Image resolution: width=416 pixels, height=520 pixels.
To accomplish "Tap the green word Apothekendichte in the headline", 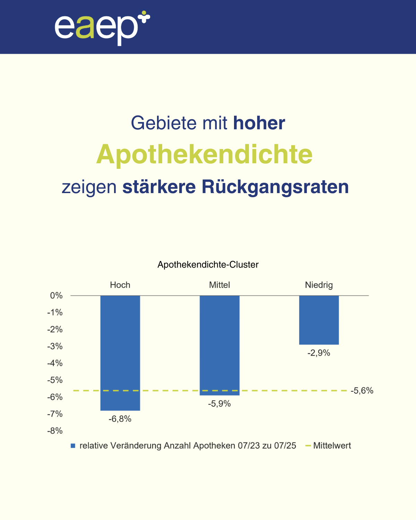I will tap(205, 155).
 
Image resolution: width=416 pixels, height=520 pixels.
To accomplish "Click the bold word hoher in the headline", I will tap(259, 123).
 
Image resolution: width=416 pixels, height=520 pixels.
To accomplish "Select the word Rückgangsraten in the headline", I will tap(275, 187).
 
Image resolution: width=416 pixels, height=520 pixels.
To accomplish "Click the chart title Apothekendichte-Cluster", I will tap(208, 265).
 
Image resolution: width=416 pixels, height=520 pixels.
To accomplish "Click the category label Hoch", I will tap(120, 285).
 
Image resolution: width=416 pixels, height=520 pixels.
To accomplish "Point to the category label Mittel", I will tap(219, 285).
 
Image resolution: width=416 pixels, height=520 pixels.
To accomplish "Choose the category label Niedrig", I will tap(319, 285).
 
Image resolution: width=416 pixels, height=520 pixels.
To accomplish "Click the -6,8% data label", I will tap(120, 419).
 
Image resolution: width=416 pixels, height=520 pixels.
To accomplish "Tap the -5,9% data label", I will tap(219, 404).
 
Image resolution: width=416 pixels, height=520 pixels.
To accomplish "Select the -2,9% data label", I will tap(319, 353).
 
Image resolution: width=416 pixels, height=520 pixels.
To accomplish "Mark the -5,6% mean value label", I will tap(362, 391).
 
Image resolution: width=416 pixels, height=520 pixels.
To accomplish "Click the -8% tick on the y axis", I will tap(55, 431).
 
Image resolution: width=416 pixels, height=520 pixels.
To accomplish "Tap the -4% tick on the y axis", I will tap(55, 363).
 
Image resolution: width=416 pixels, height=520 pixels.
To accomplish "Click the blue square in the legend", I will tap(73, 446).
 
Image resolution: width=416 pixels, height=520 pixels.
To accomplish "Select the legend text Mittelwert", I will tap(332, 446).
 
